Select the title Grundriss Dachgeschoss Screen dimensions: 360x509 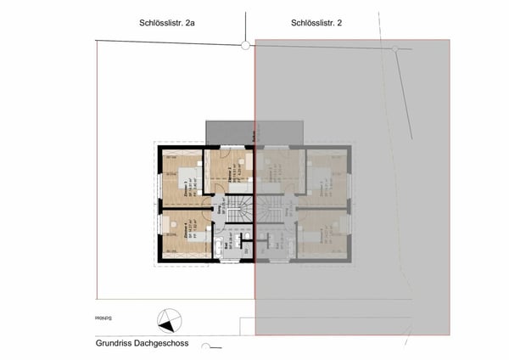pyautogui.click(x=142, y=345)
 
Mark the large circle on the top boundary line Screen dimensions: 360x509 pyautogui.click(x=245, y=46)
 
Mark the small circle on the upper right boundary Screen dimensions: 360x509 pyautogui.click(x=395, y=50)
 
